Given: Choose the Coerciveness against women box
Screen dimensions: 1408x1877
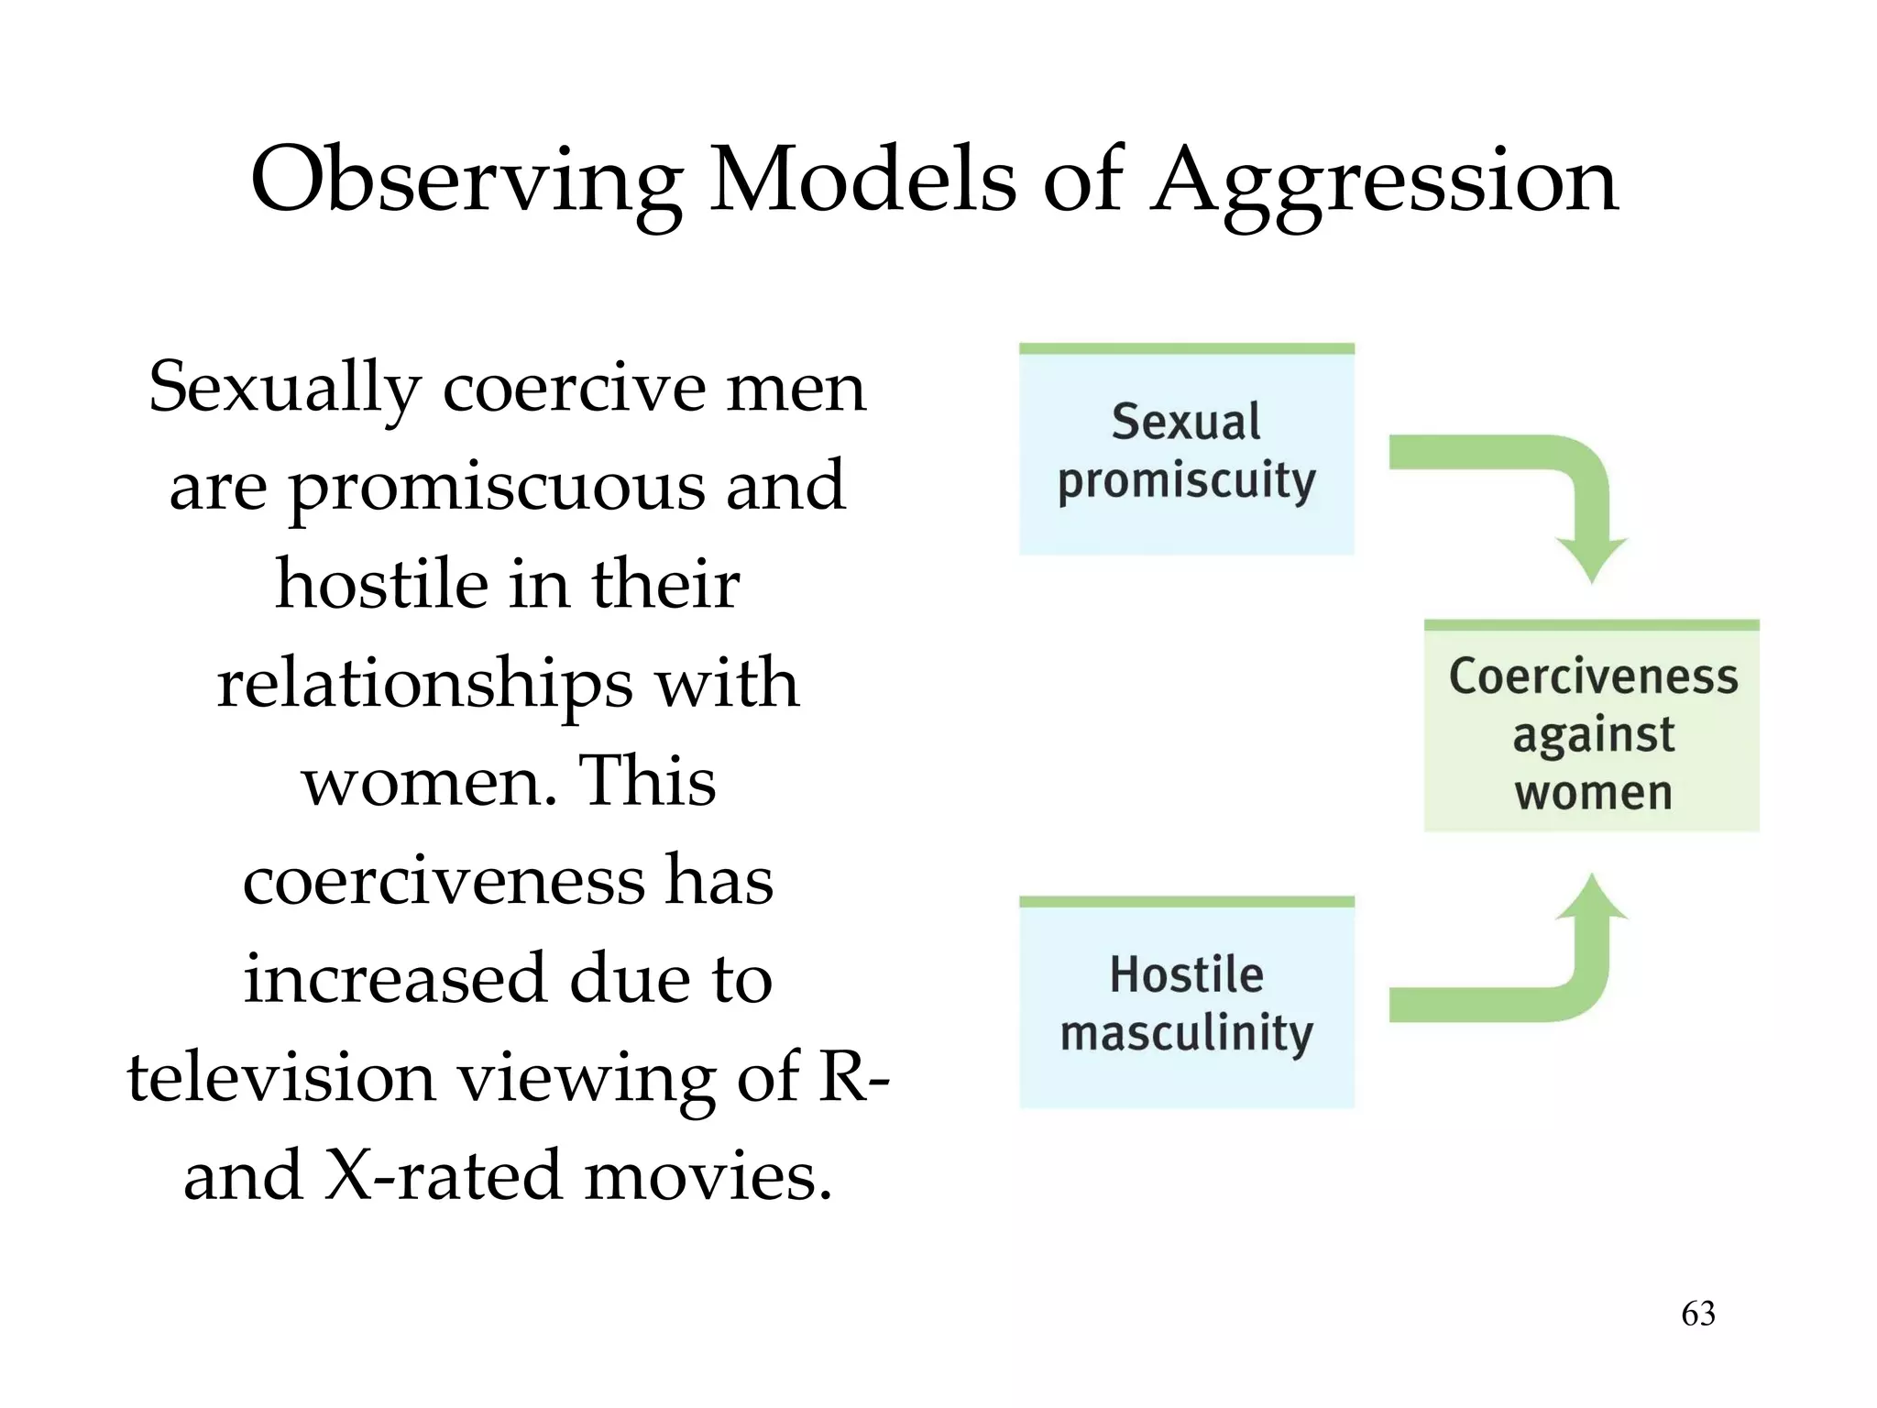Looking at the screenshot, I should point(1591,729).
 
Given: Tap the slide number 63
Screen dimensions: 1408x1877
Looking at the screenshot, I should point(1697,1314).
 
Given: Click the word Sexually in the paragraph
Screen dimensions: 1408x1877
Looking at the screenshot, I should point(284,389).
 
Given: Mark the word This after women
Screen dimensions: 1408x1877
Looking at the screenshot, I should point(647,782).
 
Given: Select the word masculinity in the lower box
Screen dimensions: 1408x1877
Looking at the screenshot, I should point(1186,1033).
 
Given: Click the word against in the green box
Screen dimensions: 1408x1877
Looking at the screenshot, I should point(1593,735).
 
